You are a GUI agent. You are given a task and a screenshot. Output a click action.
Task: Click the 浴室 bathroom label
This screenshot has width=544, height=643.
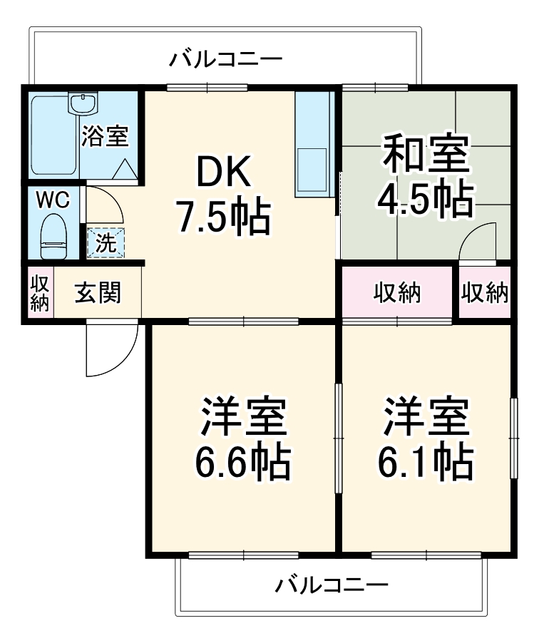pos(104,135)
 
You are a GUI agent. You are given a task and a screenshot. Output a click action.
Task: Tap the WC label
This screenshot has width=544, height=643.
pos(53,200)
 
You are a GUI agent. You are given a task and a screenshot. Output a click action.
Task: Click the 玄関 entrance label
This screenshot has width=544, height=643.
pos(98,292)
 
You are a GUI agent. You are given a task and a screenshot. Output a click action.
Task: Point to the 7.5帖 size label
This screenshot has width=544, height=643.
pos(224,217)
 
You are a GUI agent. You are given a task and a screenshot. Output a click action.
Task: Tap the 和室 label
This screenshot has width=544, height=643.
pos(427,156)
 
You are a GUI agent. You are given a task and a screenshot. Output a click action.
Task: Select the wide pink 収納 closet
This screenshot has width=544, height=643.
pos(398,292)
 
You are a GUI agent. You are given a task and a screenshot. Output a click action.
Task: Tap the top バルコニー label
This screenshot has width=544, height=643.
pos(225,58)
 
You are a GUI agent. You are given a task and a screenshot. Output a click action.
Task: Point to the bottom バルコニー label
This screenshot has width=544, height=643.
pos(332,586)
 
